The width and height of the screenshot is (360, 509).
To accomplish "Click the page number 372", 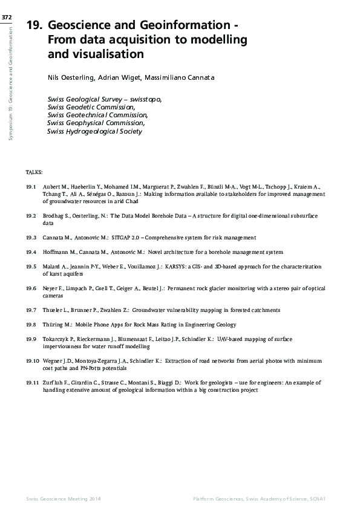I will (7, 18).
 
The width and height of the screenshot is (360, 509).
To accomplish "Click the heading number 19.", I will (34, 26).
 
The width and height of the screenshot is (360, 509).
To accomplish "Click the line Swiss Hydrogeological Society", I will (94, 131).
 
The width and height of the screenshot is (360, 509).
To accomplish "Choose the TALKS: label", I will (34, 172).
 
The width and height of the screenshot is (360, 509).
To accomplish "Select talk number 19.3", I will (33, 238).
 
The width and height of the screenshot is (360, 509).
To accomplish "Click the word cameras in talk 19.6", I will (53, 296).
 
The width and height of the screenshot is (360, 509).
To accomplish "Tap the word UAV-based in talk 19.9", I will (227, 339).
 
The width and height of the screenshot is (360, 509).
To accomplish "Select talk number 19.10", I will (33, 360).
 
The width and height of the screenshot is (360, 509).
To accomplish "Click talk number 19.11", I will (33, 383).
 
